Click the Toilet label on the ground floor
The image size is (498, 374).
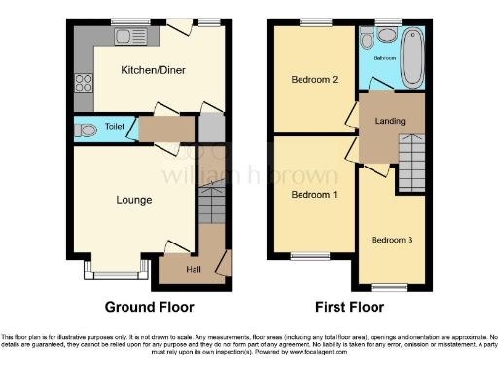[116, 127]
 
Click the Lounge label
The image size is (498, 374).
[134, 200]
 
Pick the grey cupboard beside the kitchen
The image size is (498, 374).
[211, 128]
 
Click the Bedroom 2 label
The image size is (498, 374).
[314, 80]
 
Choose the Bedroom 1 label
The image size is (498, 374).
[314, 193]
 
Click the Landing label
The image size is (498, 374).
[390, 120]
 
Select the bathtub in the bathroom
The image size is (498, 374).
[411, 56]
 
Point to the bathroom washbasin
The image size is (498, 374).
[385, 36]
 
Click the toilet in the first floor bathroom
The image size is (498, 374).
[365, 41]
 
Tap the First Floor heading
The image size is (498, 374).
[347, 306]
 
